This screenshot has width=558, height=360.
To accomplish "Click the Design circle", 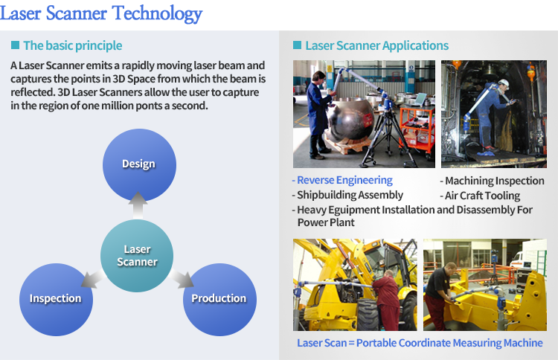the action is (x=139, y=165).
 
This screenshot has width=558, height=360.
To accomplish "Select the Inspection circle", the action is (x=56, y=300).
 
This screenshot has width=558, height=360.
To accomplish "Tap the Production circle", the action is (x=219, y=300).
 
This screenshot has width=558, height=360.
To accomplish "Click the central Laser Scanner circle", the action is (x=137, y=256).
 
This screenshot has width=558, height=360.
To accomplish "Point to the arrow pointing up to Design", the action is (x=138, y=205).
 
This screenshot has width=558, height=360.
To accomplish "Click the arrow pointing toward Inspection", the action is (x=92, y=279).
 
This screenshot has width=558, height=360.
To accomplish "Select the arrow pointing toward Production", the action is (x=182, y=279).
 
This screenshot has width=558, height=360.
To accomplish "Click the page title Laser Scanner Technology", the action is (x=101, y=13).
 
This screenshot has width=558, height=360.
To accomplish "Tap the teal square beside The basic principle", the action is (x=15, y=45).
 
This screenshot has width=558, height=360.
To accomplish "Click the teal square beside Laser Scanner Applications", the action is (x=297, y=45).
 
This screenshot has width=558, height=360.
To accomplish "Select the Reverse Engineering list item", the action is (x=342, y=180).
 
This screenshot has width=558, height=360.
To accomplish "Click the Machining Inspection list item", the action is (x=493, y=181).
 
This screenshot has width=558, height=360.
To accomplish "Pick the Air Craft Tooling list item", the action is (x=480, y=196).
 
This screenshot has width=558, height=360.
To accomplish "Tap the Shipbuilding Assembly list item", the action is (x=347, y=195).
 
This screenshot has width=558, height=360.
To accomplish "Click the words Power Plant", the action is (x=326, y=222).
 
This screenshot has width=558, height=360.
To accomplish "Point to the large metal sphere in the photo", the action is (x=350, y=121).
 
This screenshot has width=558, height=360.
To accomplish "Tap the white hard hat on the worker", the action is (x=503, y=83).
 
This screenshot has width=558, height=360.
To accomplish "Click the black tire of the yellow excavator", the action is (x=368, y=315).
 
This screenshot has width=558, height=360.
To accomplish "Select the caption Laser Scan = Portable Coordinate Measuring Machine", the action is (x=420, y=343).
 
